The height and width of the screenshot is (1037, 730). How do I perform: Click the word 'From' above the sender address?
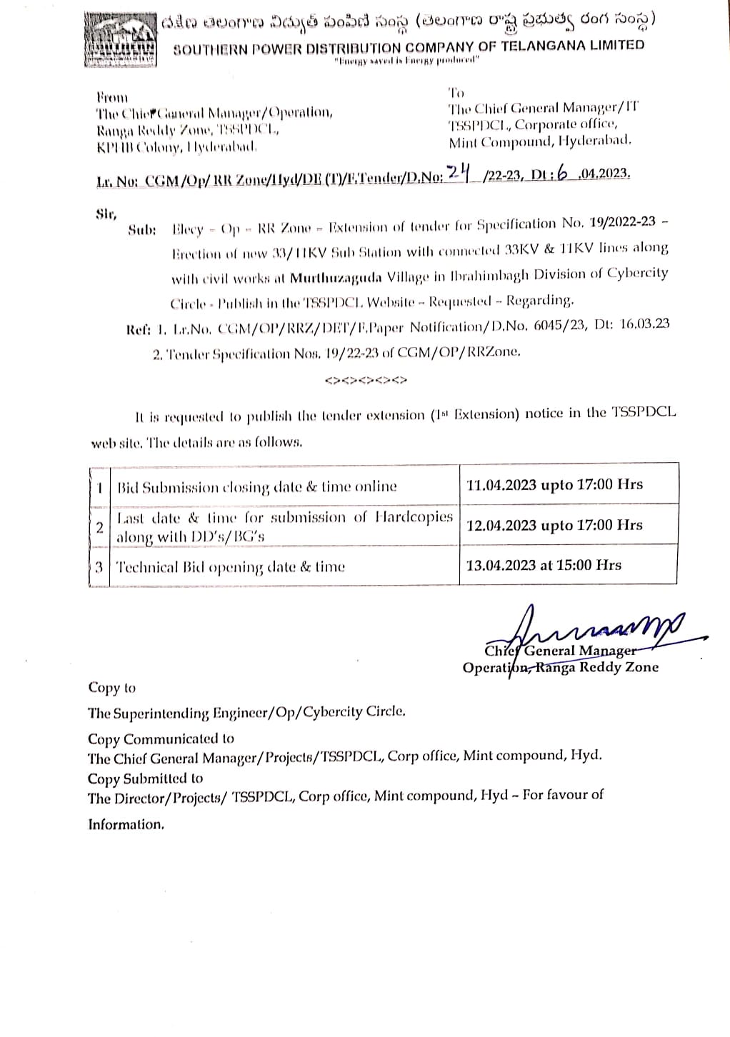coord(112,97)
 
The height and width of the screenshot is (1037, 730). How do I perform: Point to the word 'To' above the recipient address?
coord(456,92)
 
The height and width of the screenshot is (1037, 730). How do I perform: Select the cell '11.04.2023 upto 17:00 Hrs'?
coord(554,484)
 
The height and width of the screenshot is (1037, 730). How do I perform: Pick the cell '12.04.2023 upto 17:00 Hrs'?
coord(554,525)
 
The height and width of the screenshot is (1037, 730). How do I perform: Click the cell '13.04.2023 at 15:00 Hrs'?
coord(544,565)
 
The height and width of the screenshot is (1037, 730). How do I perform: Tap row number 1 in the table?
coord(100,487)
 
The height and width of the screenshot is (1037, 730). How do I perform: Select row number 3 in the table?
coord(99,567)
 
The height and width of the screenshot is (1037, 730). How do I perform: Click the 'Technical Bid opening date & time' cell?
coord(230,567)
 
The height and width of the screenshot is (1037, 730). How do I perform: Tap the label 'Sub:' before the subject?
coord(142,230)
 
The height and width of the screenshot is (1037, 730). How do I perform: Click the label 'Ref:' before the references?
coord(139,329)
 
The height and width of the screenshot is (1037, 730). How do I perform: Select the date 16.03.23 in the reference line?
coord(640,324)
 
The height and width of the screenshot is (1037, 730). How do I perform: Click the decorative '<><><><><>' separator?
coord(365,380)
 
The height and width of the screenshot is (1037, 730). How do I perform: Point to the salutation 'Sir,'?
coord(106,213)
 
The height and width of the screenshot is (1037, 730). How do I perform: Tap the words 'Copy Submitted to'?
coord(145,778)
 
